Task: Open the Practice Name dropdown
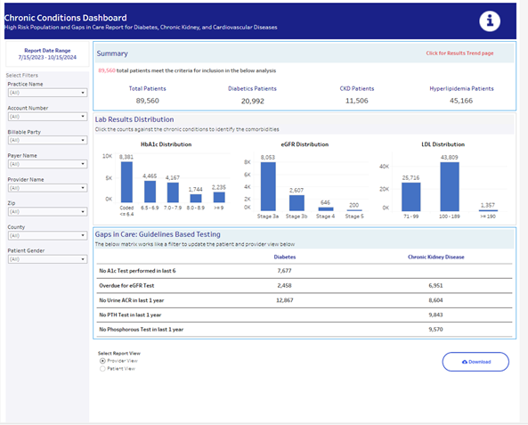46,92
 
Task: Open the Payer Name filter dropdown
46,164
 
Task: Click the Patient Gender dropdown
46,259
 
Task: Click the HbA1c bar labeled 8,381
126,181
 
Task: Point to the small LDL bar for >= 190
486,209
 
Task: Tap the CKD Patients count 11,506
356,101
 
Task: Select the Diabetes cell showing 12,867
285,299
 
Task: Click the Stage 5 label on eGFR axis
353,217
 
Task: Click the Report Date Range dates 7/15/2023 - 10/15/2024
46,58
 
